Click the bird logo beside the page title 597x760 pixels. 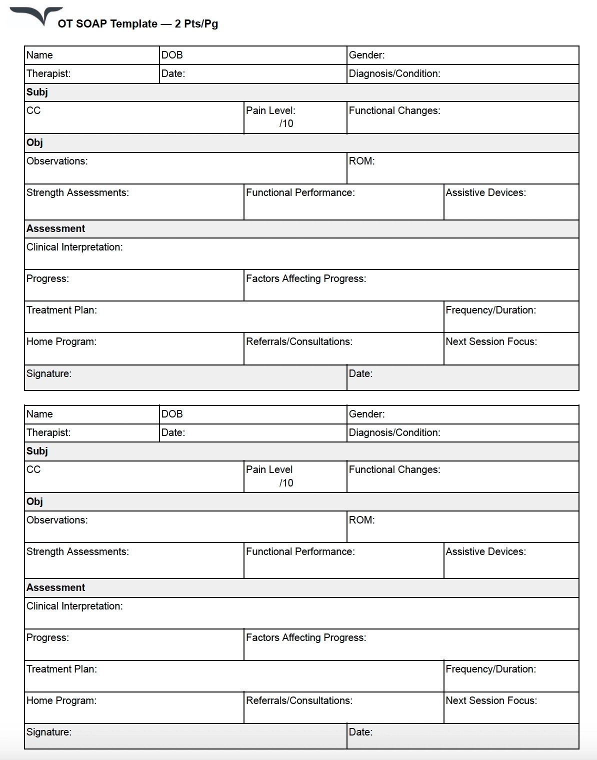37,15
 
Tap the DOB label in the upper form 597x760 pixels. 172,55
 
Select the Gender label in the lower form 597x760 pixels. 366,414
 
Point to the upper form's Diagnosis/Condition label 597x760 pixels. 394,74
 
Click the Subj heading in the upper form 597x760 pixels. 37,92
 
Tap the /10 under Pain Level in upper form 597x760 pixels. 286,124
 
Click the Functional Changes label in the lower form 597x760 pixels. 394,470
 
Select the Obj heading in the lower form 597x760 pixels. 34,502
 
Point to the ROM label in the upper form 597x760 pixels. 361,161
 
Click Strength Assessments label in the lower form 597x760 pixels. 77,552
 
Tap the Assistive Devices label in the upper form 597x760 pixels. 485,193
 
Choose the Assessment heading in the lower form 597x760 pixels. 55,588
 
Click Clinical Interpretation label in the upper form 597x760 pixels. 74,247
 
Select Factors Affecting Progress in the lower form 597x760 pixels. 305,638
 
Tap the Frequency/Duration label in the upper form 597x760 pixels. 490,310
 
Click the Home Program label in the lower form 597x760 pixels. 61,701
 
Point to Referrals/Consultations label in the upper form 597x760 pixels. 299,342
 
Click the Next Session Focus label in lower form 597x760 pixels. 491,701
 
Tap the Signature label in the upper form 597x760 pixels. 49,374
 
